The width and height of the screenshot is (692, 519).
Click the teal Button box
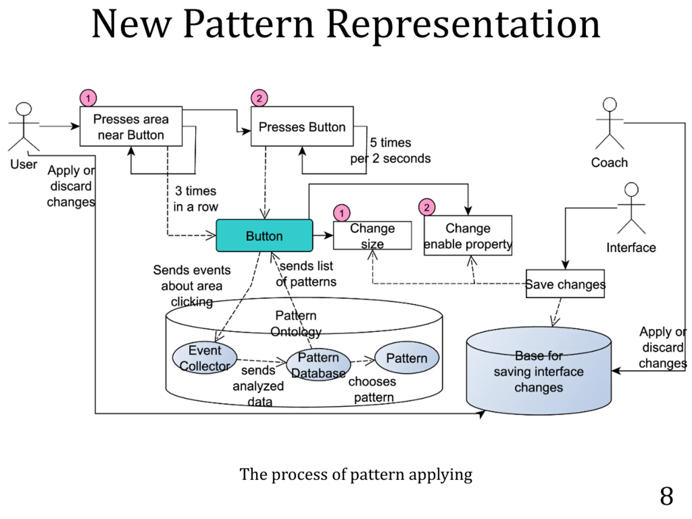coord(264,235)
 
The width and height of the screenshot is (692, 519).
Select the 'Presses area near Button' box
coord(131,127)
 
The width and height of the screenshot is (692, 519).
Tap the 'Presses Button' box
coord(302,127)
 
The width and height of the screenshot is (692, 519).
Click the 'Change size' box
coord(372,235)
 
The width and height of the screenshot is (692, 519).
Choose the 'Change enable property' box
coord(468,235)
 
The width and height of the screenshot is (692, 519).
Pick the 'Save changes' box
coord(565,284)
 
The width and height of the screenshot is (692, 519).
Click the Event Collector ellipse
coord(205,358)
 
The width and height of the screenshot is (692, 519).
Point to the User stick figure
coord(24,127)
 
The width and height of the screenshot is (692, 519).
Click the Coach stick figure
coord(609,124)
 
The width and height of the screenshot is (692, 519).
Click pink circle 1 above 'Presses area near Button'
coord(88,98)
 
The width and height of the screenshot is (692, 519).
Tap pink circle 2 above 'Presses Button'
coord(259,98)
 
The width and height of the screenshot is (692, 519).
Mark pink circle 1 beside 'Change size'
coord(342,213)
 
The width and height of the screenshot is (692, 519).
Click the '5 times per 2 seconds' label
coord(390,151)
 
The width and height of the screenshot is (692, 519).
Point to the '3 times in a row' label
coord(195,199)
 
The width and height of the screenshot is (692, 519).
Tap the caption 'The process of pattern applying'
coord(356,474)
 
